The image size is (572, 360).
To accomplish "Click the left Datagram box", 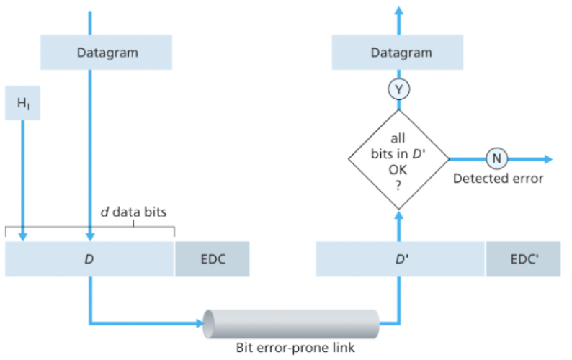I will [107, 53].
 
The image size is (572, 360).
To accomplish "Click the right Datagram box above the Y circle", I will [401, 53].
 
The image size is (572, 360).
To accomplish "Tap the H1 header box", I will [23, 104].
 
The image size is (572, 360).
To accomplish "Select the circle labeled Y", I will [398, 89].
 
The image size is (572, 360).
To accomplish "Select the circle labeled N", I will [496, 158].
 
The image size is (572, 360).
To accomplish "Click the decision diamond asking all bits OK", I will [398, 158].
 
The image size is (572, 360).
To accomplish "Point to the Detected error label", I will [498, 178].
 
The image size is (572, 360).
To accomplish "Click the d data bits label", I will [133, 213].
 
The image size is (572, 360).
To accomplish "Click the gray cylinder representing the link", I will [291, 323].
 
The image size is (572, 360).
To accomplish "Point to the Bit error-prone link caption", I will [295, 347].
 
